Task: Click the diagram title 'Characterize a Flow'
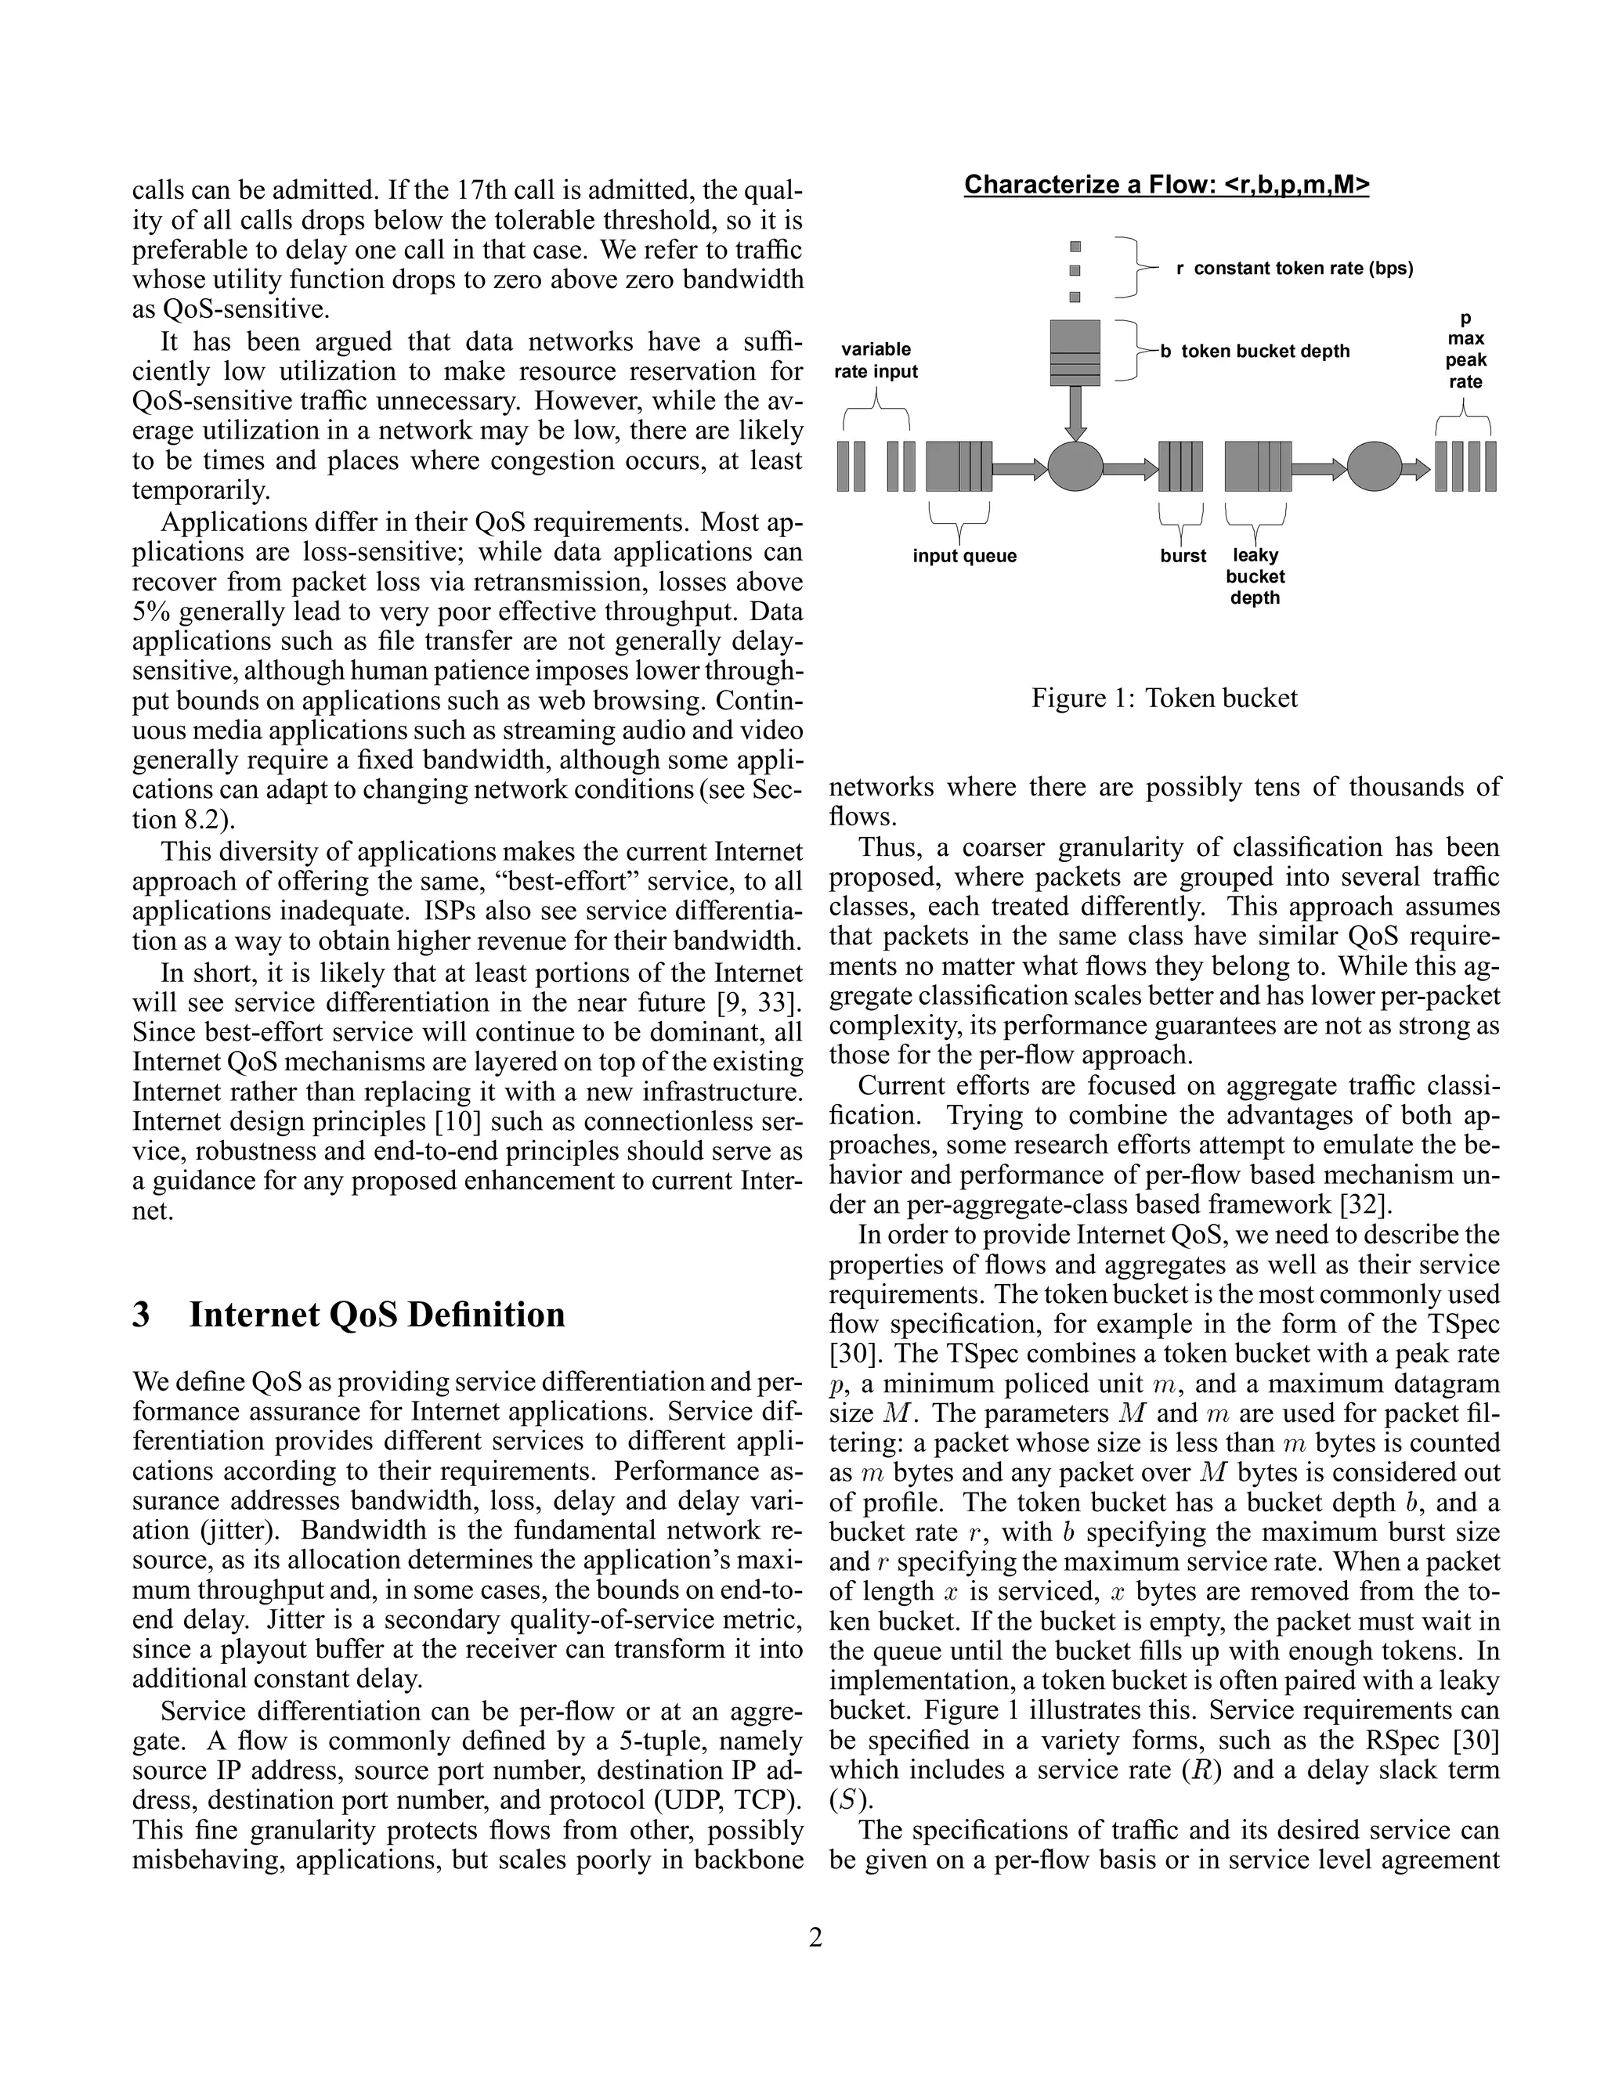(1166, 184)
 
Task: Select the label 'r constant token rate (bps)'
(1293, 269)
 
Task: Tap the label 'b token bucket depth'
(1255, 352)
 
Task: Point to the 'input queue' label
(963, 556)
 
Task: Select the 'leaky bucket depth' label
(1255, 577)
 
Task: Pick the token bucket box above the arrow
(1075, 352)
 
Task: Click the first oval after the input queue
(1075, 467)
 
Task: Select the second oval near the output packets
(1374, 467)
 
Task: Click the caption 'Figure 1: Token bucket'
(1164, 699)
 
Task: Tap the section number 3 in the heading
(141, 1315)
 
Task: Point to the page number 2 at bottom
(815, 1937)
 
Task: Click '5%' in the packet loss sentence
(154, 612)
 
